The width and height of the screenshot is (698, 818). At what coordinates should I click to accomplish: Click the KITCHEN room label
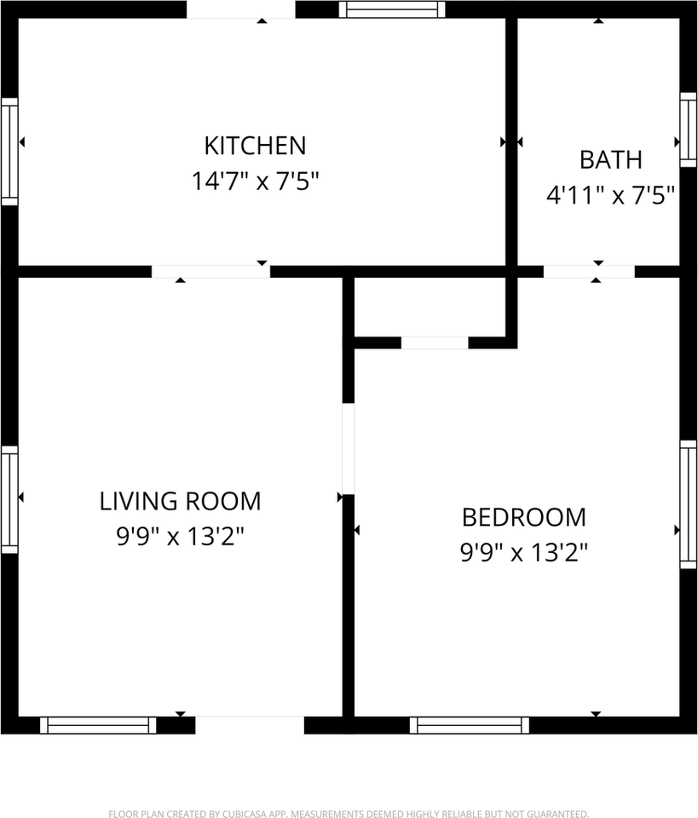pyautogui.click(x=254, y=145)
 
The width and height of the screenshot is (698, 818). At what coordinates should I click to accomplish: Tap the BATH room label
pyautogui.click(x=610, y=159)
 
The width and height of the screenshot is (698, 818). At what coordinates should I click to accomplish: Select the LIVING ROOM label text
pyautogui.click(x=180, y=501)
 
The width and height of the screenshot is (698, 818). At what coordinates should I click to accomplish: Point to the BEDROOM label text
pyautogui.click(x=523, y=517)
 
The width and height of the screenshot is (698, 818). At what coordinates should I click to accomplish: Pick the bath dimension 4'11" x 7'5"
pyautogui.click(x=610, y=195)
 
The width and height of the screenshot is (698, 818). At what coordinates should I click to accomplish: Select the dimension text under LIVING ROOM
pyautogui.click(x=180, y=537)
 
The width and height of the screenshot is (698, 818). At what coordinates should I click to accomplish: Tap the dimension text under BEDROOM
pyautogui.click(x=523, y=553)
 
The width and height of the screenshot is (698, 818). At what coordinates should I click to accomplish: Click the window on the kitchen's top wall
pyautogui.click(x=391, y=9)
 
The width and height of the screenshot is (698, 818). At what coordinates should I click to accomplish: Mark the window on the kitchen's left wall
pyautogui.click(x=9, y=151)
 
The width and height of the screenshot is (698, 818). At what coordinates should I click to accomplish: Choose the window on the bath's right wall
pyautogui.click(x=688, y=129)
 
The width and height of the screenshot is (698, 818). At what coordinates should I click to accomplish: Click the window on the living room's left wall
pyautogui.click(x=9, y=499)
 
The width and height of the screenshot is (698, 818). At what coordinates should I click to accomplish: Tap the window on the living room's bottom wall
pyautogui.click(x=98, y=725)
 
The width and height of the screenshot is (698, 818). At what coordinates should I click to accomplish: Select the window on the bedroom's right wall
pyautogui.click(x=688, y=504)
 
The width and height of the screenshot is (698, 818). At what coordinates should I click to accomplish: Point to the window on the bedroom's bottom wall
pyautogui.click(x=469, y=725)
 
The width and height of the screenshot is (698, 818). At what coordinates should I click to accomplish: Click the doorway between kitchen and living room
pyautogui.click(x=211, y=272)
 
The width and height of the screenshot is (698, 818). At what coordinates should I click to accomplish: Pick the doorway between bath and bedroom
pyautogui.click(x=589, y=272)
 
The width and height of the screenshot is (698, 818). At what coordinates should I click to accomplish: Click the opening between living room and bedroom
pyautogui.click(x=348, y=447)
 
